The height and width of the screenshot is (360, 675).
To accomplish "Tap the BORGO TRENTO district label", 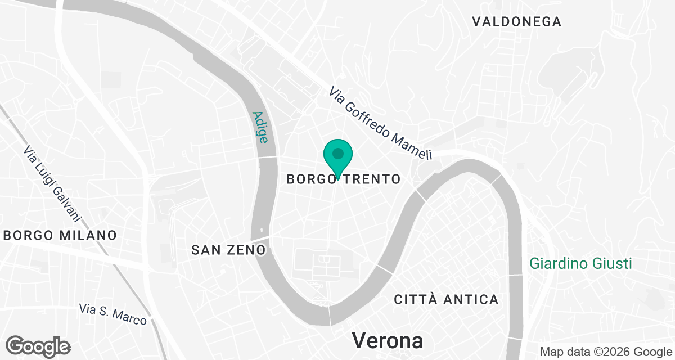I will pyautogui.click(x=343, y=179).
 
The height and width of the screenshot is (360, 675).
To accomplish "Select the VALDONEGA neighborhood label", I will pyautogui.click(x=516, y=22).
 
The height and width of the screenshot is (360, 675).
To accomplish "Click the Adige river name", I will pyautogui.click(x=260, y=127).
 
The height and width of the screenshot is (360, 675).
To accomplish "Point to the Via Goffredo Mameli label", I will pyautogui.click(x=381, y=123).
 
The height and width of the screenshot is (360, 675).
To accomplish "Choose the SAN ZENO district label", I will pyautogui.click(x=228, y=249).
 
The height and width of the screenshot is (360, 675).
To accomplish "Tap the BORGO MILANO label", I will pyautogui.click(x=60, y=235).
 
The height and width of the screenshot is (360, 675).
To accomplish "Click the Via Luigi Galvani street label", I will pyautogui.click(x=53, y=183).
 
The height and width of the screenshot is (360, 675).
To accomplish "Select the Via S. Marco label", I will pyautogui.click(x=112, y=314).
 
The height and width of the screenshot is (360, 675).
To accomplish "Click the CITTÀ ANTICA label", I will pyautogui.click(x=446, y=299).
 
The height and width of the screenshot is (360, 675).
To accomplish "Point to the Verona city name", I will pyautogui.click(x=388, y=341).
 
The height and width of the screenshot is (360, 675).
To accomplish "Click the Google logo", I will pyautogui.click(x=38, y=346).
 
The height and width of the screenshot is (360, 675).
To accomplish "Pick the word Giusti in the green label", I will pyautogui.click(x=613, y=263).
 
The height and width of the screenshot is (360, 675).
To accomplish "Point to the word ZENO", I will pyautogui.click(x=247, y=249).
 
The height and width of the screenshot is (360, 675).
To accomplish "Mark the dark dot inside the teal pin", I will pyautogui.click(x=338, y=153).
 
